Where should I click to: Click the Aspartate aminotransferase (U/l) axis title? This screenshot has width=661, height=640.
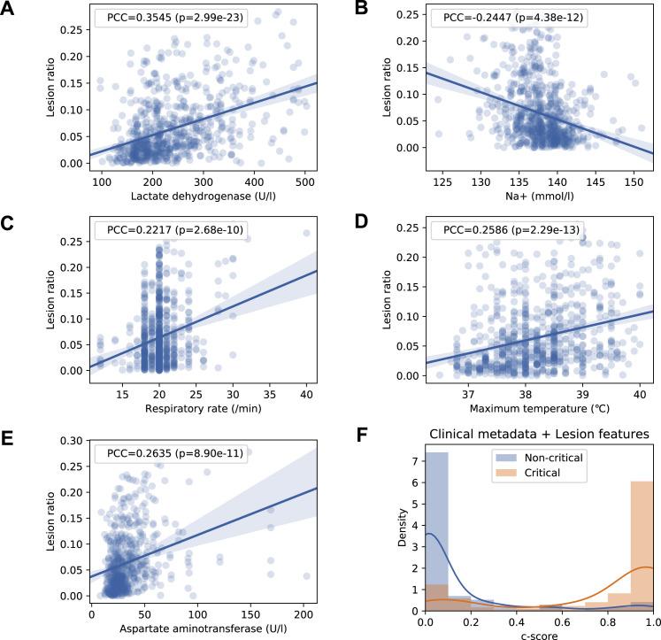tap(188, 629)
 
